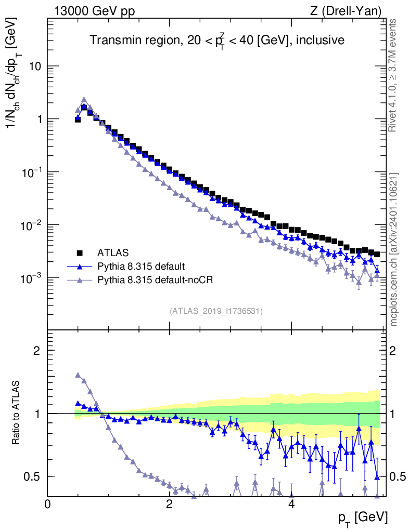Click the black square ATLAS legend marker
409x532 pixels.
pyautogui.click(x=80, y=253)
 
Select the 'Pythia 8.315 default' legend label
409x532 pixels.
pyautogui.click(x=141, y=267)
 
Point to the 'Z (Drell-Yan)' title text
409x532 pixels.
pyautogui.click(x=346, y=11)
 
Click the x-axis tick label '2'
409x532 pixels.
pyautogui.click(x=169, y=504)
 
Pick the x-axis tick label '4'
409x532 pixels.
pyautogui.click(x=291, y=504)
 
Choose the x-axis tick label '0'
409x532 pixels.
pyautogui.click(x=48, y=504)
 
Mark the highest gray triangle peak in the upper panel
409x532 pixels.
pyautogui.click(x=84, y=99)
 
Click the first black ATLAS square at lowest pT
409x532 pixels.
pyautogui.click(x=78, y=119)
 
